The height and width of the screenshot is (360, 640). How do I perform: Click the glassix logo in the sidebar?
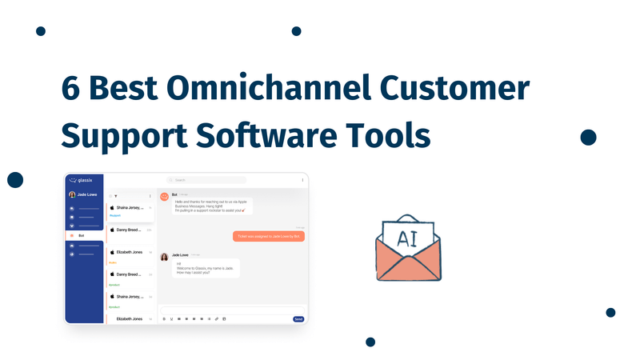point(84,180)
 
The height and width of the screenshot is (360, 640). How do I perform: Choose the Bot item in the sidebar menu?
point(81,235)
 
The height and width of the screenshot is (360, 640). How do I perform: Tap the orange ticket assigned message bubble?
point(269,236)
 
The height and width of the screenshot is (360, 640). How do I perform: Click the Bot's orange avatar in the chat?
point(164,195)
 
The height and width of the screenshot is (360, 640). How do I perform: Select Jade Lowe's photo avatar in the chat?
point(164,257)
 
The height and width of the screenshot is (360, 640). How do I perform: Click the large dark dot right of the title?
point(588,137)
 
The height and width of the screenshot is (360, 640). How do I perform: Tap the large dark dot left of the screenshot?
point(15,179)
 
